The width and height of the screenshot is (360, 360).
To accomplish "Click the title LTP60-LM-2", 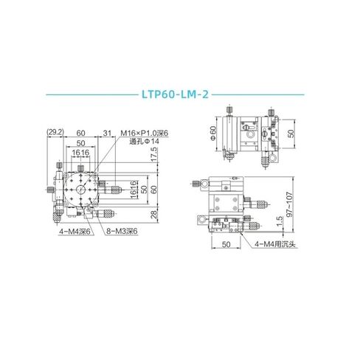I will tap(179, 94).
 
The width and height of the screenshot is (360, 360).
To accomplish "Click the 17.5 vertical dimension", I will tap(154, 157).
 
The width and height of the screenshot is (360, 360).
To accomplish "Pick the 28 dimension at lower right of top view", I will tap(154, 214).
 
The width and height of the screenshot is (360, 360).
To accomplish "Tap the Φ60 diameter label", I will tap(212, 133).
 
